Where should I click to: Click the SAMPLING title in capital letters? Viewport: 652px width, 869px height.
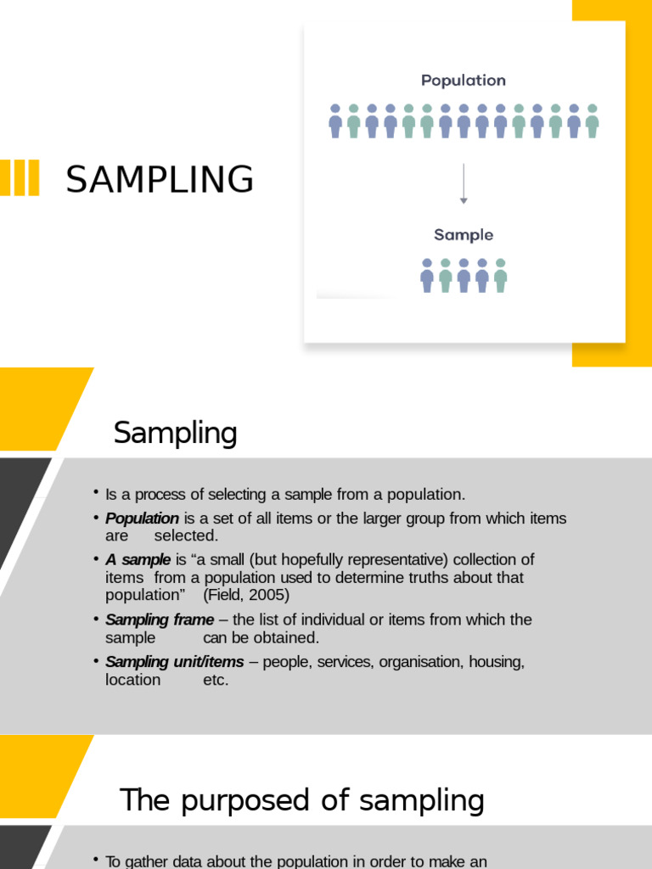click(x=160, y=180)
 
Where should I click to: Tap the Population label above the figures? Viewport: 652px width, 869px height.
click(x=464, y=81)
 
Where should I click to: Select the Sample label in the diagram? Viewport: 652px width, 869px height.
click(x=464, y=235)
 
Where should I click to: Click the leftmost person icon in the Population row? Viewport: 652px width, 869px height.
click(x=335, y=121)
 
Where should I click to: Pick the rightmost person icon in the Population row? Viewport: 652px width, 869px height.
click(x=593, y=121)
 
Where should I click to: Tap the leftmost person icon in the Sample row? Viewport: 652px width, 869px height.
click(x=427, y=275)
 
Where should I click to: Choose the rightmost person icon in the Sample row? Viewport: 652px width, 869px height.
click(x=501, y=275)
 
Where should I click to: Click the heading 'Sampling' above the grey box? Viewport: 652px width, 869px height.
click(x=175, y=433)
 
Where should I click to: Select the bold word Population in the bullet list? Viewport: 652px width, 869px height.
click(x=142, y=519)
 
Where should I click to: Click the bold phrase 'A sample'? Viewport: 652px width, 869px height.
click(x=138, y=560)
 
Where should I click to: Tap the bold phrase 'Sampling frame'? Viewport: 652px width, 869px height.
click(x=160, y=620)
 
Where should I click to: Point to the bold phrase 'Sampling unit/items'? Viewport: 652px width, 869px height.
click(x=174, y=662)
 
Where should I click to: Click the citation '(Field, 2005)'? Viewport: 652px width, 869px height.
click(x=246, y=595)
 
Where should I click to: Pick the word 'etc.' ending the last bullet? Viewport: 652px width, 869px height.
click(x=216, y=680)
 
